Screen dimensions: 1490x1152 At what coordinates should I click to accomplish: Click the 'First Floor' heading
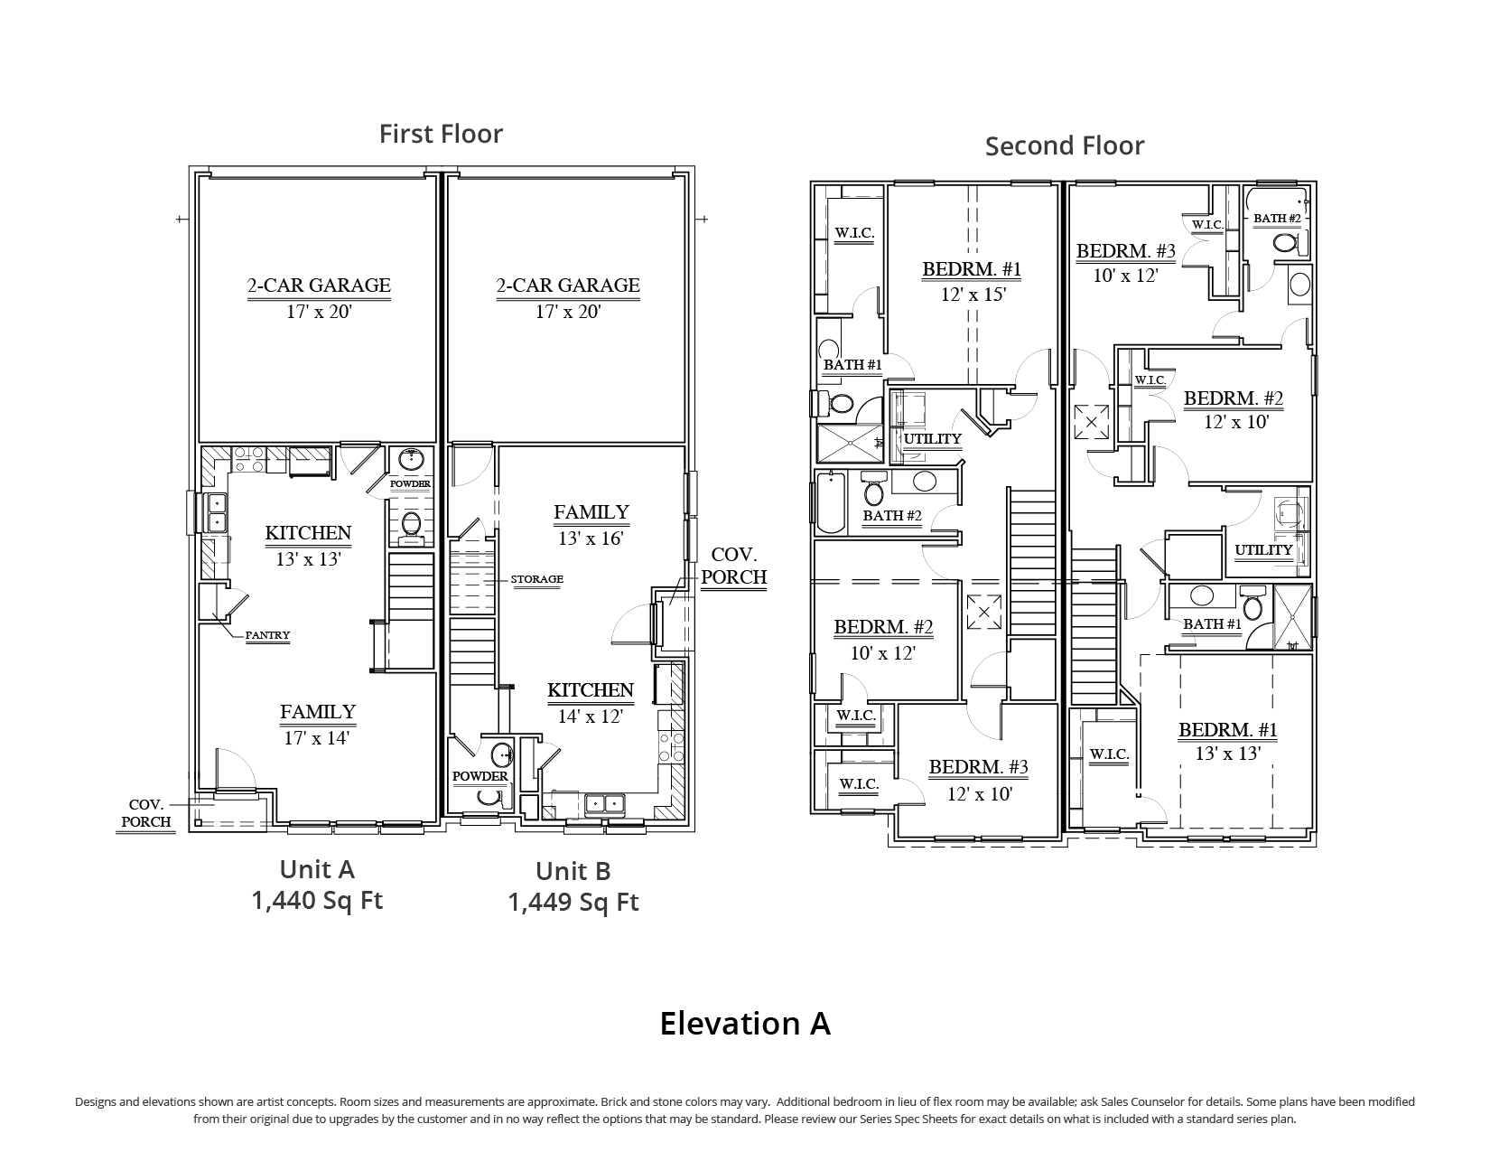(x=441, y=134)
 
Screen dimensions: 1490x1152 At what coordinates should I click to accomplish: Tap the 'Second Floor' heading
(x=1064, y=146)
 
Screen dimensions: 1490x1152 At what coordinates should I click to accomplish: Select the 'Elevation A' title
(x=745, y=1023)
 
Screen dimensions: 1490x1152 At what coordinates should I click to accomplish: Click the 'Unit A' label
(x=317, y=869)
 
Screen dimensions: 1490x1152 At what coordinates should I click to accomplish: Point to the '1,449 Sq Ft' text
(x=573, y=902)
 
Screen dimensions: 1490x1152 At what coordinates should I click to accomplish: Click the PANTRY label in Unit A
(x=267, y=635)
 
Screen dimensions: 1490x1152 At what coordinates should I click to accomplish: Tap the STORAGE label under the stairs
(x=537, y=579)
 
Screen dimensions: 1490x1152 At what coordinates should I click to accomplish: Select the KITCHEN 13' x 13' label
(x=309, y=546)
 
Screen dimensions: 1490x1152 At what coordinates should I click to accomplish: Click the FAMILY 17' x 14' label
(x=318, y=724)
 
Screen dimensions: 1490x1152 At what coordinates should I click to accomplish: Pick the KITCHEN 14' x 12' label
(x=591, y=703)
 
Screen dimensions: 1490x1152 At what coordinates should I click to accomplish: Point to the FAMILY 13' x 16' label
(x=591, y=525)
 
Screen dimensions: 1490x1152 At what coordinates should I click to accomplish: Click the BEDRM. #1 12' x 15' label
(x=973, y=281)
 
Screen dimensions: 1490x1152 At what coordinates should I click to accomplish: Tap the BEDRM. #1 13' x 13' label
(x=1228, y=741)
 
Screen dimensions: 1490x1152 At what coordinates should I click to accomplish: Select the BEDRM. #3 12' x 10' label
(x=979, y=780)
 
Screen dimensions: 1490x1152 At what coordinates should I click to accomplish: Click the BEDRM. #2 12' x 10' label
(x=1234, y=409)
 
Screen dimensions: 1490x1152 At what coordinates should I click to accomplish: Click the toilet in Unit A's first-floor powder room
(x=411, y=525)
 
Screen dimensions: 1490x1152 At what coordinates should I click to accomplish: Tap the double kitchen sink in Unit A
(x=218, y=513)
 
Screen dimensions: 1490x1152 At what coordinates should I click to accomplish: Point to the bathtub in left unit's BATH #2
(x=831, y=503)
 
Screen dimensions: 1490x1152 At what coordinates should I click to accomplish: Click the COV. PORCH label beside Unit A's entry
(x=146, y=813)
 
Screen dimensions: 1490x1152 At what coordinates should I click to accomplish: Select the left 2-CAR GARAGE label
(x=319, y=298)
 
